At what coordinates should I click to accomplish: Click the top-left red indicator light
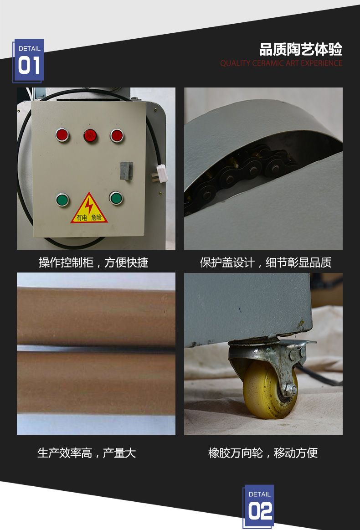click(x=62, y=135)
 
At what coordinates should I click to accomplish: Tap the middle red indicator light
click(x=90, y=136)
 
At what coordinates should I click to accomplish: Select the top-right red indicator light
click(x=117, y=135)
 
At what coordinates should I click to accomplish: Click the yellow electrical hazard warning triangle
click(x=89, y=208)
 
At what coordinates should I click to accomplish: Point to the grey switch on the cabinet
click(x=126, y=171)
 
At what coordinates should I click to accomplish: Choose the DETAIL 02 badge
click(x=258, y=506)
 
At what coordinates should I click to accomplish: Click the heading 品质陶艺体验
click(x=301, y=49)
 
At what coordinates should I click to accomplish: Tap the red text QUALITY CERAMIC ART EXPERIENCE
click(x=281, y=63)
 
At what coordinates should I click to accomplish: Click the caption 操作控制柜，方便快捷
click(x=93, y=262)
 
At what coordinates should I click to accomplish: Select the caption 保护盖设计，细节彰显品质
click(x=266, y=262)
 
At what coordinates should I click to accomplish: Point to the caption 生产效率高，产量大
click(x=87, y=453)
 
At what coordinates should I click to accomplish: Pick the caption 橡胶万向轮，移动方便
click(x=263, y=453)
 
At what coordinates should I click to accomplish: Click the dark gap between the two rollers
click(x=96, y=349)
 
